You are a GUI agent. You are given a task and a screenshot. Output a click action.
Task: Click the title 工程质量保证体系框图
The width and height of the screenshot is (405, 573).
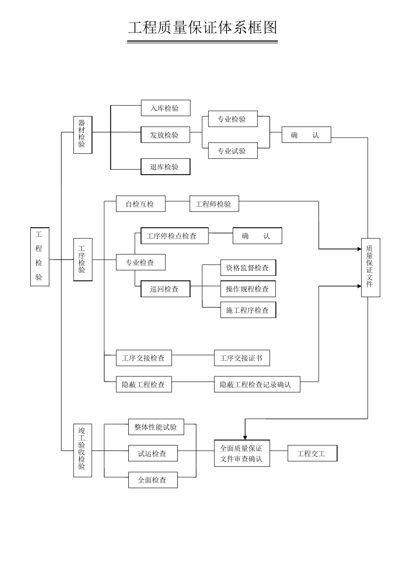202,28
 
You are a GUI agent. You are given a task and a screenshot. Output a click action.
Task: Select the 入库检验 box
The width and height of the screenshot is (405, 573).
165,108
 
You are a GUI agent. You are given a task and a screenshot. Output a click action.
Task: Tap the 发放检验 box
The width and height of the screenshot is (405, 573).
165,135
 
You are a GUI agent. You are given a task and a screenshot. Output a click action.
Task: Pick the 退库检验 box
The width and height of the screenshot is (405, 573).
165,167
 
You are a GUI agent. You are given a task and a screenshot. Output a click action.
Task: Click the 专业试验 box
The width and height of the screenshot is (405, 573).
233,151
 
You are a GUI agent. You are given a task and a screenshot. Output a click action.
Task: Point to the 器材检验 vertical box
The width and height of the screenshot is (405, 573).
82,135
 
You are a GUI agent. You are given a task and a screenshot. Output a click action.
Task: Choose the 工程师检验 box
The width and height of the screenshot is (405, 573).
214,204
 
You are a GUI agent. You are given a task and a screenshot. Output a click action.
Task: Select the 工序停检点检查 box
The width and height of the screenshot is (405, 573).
174,236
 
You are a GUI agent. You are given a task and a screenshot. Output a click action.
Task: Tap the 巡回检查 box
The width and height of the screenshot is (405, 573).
165,289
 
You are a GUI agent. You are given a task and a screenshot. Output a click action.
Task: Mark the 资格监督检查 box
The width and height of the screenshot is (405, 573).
248,268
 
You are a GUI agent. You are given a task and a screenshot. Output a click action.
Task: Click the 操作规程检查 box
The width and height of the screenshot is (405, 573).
248,289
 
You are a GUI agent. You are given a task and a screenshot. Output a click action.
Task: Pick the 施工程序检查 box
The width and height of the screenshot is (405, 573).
248,310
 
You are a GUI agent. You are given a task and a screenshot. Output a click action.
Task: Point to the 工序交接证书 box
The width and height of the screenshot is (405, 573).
242,358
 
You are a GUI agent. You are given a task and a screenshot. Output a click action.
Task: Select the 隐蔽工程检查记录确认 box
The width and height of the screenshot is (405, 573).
257,385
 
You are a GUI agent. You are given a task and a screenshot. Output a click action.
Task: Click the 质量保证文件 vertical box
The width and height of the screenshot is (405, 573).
370,267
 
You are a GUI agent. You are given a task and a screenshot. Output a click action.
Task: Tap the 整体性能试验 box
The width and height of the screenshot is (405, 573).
156,427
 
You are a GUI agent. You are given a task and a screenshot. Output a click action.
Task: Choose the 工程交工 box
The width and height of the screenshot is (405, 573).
312,454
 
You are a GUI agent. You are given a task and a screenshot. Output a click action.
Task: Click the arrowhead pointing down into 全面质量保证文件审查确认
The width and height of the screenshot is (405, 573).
245,437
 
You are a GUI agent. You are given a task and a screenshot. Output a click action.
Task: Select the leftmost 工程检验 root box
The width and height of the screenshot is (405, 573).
40,257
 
